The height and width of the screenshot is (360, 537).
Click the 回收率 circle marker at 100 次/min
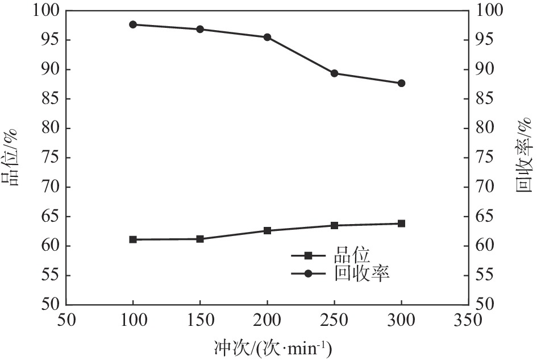[133, 24]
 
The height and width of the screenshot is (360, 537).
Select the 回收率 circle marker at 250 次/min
[334, 73]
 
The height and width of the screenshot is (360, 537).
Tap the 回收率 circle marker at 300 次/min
[401, 83]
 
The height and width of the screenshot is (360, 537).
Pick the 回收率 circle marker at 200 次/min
[267, 37]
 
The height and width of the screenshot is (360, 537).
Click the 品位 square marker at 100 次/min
[133, 239]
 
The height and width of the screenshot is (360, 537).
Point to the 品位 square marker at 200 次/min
[267, 230]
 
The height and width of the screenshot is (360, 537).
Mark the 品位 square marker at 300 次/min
[401, 224]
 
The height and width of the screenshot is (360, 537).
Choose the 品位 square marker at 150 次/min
[200, 239]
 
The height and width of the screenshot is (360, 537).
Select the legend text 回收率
[360, 274]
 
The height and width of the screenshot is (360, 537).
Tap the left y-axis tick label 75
[47, 158]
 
